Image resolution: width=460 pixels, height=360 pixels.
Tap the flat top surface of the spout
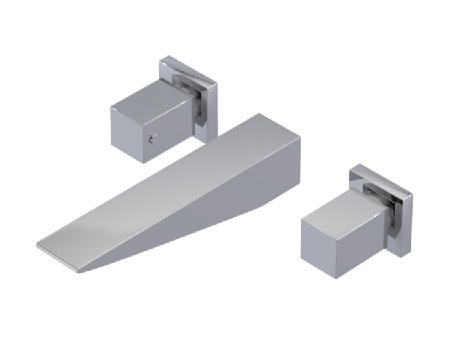167,187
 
